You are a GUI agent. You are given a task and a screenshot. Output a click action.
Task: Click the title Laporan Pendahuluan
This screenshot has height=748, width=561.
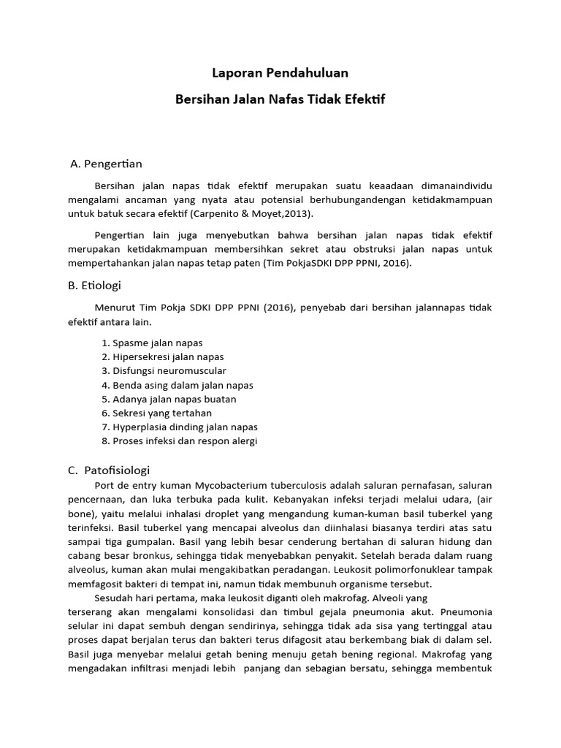click(280, 73)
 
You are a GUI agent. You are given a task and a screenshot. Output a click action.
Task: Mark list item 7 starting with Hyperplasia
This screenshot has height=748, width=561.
click(179, 427)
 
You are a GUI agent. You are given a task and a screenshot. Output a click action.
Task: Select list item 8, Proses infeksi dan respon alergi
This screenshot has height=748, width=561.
click(179, 441)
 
